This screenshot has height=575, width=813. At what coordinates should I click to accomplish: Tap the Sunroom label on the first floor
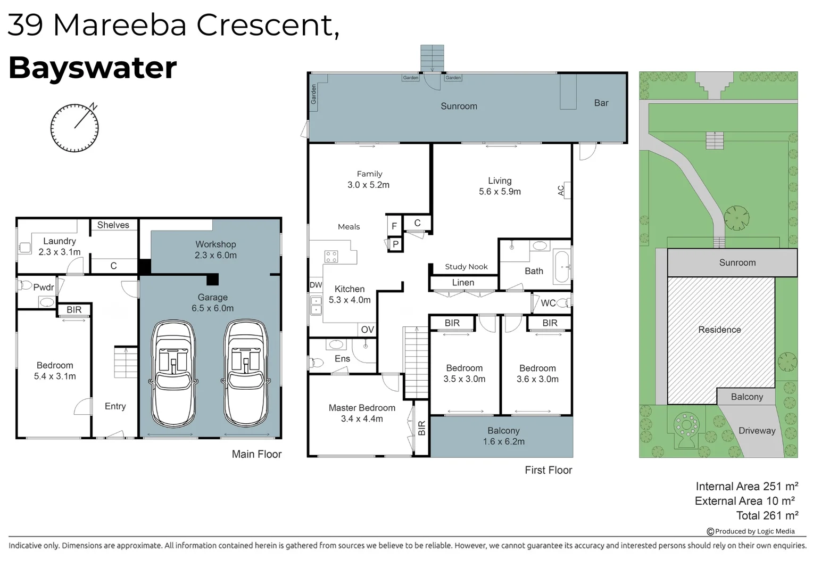click(459, 106)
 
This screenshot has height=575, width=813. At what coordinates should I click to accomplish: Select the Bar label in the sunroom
click(601, 103)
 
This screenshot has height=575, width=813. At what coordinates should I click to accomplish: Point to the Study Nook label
click(466, 267)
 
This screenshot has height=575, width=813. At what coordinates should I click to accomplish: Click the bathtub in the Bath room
click(562, 267)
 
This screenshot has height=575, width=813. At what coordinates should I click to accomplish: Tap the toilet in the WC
click(563, 302)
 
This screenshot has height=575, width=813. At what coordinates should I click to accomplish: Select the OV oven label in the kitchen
click(367, 330)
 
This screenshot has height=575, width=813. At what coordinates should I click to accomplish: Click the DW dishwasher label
click(316, 285)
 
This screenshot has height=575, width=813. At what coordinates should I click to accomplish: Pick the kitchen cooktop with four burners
click(331, 257)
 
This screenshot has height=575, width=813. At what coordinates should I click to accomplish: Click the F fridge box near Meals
click(394, 226)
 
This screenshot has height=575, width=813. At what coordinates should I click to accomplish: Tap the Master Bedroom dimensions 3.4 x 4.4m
click(361, 419)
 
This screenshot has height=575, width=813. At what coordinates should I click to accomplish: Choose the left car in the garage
click(173, 373)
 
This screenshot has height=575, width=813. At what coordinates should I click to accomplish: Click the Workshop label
click(215, 244)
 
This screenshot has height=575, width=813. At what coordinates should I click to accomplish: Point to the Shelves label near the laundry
click(113, 225)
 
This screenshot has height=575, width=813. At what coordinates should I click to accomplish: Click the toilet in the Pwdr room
click(25, 285)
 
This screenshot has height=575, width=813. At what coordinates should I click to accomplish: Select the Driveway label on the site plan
click(757, 430)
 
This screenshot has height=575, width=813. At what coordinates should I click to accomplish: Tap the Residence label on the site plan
click(719, 330)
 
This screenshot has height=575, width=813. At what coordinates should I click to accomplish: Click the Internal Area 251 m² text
click(746, 486)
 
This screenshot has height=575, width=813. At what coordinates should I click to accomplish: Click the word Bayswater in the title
click(93, 68)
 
